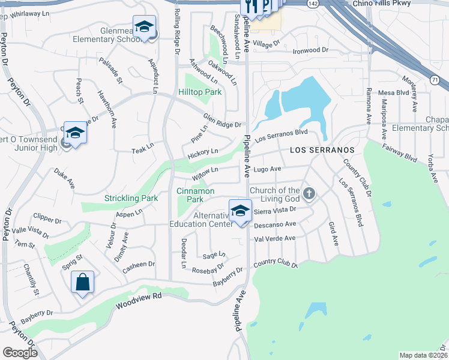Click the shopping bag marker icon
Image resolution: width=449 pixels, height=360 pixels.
click(82, 282)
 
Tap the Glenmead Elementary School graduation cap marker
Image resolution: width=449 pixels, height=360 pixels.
click(144, 27)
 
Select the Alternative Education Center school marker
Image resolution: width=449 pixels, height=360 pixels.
click(240, 211)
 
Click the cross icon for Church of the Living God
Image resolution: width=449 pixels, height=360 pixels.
click(309, 194)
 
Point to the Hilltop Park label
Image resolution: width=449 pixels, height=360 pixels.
click(200, 92)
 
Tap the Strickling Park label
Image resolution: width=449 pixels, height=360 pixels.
click(131, 198)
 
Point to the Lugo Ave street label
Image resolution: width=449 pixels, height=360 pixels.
click(267, 170)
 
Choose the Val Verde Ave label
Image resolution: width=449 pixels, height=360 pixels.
click(275, 238)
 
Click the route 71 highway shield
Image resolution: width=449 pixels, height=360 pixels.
click(434, 79)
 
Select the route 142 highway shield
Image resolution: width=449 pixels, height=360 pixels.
click(312, 3)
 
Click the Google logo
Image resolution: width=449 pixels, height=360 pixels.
click(20, 353)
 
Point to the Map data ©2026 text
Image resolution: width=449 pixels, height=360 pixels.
click(423, 355)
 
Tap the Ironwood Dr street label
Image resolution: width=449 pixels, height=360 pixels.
click(311, 50)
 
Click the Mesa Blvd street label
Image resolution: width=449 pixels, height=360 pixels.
click(394, 92)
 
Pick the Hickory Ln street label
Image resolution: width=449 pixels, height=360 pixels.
click(202, 154)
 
